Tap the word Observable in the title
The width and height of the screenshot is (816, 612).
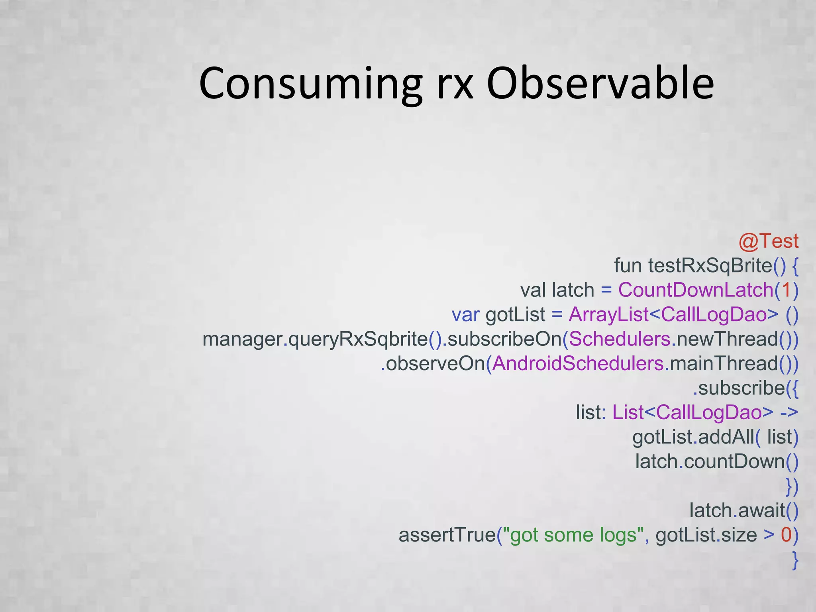pos(600,84)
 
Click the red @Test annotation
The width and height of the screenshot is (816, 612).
pos(768,241)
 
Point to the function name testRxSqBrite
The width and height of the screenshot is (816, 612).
pos(710,266)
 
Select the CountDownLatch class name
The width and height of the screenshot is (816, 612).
pos(696,290)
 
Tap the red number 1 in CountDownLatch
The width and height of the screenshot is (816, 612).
pos(786,290)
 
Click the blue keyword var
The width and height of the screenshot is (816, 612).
pos(465,315)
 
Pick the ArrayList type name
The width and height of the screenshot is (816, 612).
pos(608,315)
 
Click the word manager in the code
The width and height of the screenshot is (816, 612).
pos(242,339)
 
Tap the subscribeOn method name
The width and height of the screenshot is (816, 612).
pos(504,339)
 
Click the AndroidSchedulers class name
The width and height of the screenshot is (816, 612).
pos(578,364)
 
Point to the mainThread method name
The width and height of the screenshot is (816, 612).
pos(724,364)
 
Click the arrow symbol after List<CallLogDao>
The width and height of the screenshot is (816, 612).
pos(789,413)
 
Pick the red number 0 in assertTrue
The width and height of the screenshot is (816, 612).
pos(786,535)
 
